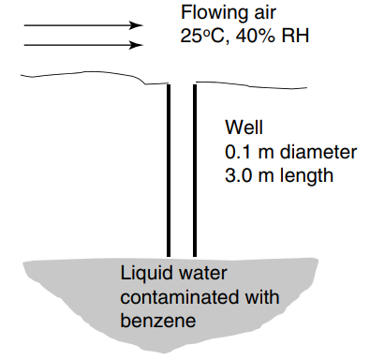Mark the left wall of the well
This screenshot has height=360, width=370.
[169, 169]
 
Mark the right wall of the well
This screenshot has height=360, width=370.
[194, 169]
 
